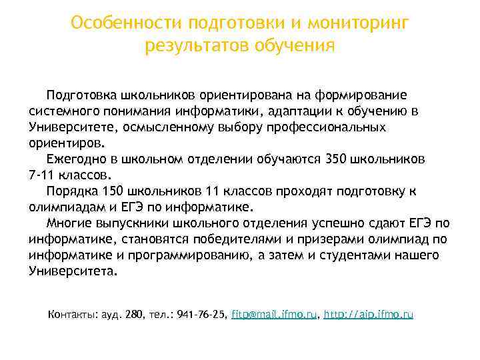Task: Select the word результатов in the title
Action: tap(193, 47)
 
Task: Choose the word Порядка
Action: tap(71, 191)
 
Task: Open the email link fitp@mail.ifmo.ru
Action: tap(274, 313)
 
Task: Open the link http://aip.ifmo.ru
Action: tap(369, 313)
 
